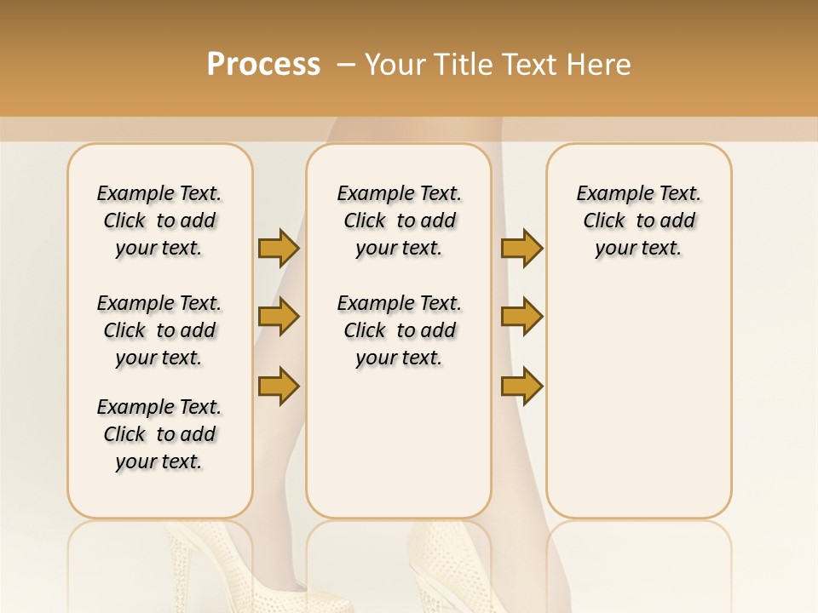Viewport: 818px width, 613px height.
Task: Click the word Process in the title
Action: [263, 65]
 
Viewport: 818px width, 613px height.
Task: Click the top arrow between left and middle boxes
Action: [279, 248]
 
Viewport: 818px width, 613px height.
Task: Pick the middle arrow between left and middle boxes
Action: [279, 317]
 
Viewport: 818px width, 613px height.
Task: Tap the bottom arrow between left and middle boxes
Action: [279, 386]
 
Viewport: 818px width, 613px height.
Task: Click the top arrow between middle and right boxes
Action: [521, 248]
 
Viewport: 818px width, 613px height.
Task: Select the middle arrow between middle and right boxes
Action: [521, 317]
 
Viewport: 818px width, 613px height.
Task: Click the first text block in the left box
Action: [159, 221]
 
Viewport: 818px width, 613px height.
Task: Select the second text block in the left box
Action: [159, 330]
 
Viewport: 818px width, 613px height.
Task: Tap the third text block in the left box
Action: [159, 434]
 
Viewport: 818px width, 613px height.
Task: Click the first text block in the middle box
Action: [399, 221]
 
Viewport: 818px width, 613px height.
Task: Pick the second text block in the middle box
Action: [399, 330]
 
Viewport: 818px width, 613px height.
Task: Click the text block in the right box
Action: [639, 221]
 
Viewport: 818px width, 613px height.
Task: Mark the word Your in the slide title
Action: [395, 65]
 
